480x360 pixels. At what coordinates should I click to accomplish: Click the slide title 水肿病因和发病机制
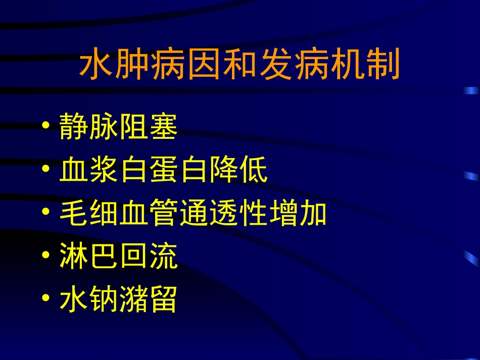click(x=240, y=65)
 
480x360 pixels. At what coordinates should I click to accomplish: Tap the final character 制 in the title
click(x=384, y=65)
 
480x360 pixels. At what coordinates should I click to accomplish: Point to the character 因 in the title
click(x=204, y=65)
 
